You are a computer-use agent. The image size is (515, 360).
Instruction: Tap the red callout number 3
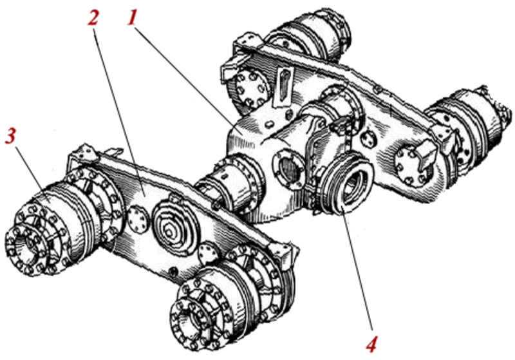pos(10,136)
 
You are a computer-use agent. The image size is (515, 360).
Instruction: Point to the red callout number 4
pos(371,345)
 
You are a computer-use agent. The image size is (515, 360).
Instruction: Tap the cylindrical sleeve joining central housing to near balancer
pos(230,184)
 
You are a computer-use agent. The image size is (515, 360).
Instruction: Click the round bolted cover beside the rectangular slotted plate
pos(251,89)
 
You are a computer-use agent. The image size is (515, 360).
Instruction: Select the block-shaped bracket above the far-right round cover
pos(426,149)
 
